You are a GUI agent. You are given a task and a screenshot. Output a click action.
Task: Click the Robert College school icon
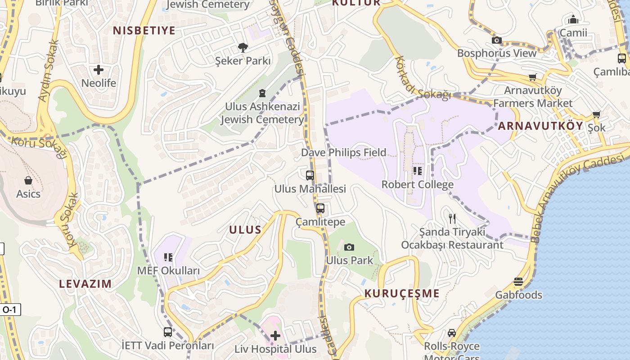click(418, 171)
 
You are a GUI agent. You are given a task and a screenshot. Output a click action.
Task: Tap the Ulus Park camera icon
click(349, 247)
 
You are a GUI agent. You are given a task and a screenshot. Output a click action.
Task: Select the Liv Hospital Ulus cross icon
click(275, 335)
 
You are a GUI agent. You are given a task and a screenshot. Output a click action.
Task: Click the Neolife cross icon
click(99, 70)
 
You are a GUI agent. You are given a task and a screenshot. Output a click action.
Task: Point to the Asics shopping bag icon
click(28, 180)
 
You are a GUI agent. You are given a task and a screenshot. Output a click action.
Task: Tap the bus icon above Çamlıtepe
click(320, 208)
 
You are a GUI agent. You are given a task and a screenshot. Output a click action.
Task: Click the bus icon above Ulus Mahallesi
click(310, 175)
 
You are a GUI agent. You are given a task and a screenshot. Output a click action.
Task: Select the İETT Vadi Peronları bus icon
click(167, 332)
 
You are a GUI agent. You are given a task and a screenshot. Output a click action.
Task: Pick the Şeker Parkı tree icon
click(243, 47)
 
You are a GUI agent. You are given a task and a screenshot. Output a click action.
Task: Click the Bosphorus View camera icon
click(497, 40)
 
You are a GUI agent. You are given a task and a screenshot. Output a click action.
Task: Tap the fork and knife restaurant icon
click(452, 219)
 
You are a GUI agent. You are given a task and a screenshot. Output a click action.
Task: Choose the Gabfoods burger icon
click(518, 282)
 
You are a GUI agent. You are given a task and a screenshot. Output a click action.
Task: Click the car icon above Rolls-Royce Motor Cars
click(452, 333)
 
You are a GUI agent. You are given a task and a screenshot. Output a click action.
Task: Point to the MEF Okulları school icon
click(168, 257)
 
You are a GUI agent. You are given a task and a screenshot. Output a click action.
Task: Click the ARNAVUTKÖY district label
click(540, 126)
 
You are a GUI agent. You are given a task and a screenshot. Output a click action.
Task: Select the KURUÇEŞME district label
click(402, 293)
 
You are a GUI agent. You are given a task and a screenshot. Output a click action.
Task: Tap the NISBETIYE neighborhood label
click(144, 31)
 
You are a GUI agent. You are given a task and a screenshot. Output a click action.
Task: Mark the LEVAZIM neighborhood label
click(85, 283)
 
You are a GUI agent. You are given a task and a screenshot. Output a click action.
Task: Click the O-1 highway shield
click(9, 310)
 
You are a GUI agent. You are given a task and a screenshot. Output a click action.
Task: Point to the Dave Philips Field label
click(344, 153)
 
